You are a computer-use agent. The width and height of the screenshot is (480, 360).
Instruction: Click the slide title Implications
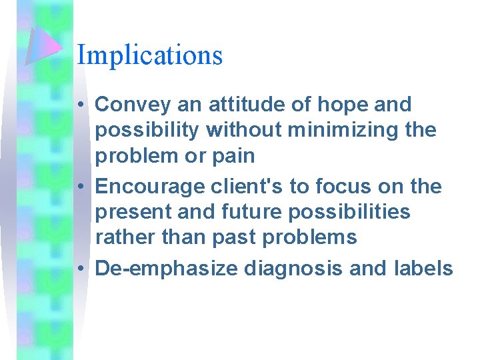[149, 55]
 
